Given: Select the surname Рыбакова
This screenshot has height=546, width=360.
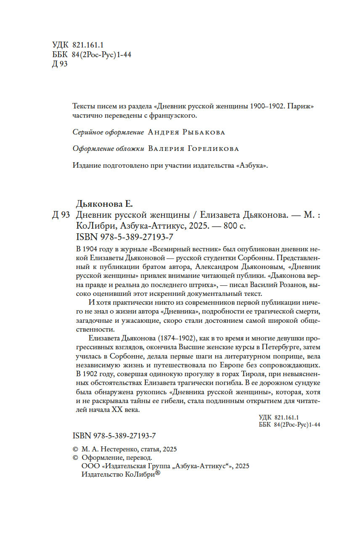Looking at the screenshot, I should click(204, 132).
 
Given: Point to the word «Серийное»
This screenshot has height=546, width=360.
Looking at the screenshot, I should click(87, 132).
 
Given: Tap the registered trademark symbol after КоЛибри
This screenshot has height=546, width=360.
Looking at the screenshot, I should click(158, 472).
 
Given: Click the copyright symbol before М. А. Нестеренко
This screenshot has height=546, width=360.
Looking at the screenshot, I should click(76, 449).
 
